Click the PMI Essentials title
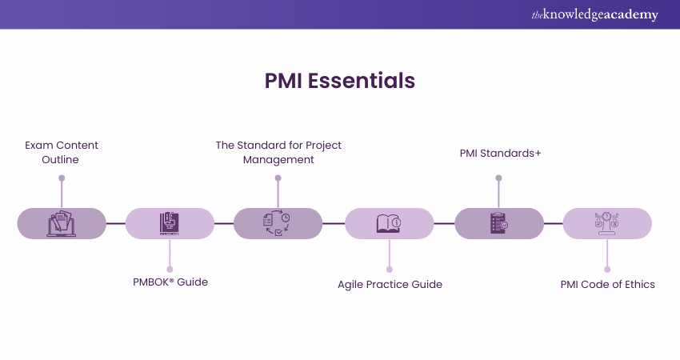(340, 81)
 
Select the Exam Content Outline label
(62, 152)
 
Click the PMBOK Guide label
(170, 282)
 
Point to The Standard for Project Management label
(278, 152)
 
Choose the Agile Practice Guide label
(390, 284)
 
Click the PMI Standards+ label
(500, 152)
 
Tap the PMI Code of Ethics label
(607, 284)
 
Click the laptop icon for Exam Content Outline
(62, 223)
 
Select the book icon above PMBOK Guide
(170, 223)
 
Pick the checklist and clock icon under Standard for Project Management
(278, 223)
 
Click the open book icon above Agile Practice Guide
(389, 223)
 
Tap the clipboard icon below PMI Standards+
(499, 223)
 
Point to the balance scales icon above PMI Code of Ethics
(607, 223)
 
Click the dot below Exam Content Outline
(62, 178)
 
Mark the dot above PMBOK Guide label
(170, 269)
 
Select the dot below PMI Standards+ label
(499, 178)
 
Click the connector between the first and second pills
(116, 223)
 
